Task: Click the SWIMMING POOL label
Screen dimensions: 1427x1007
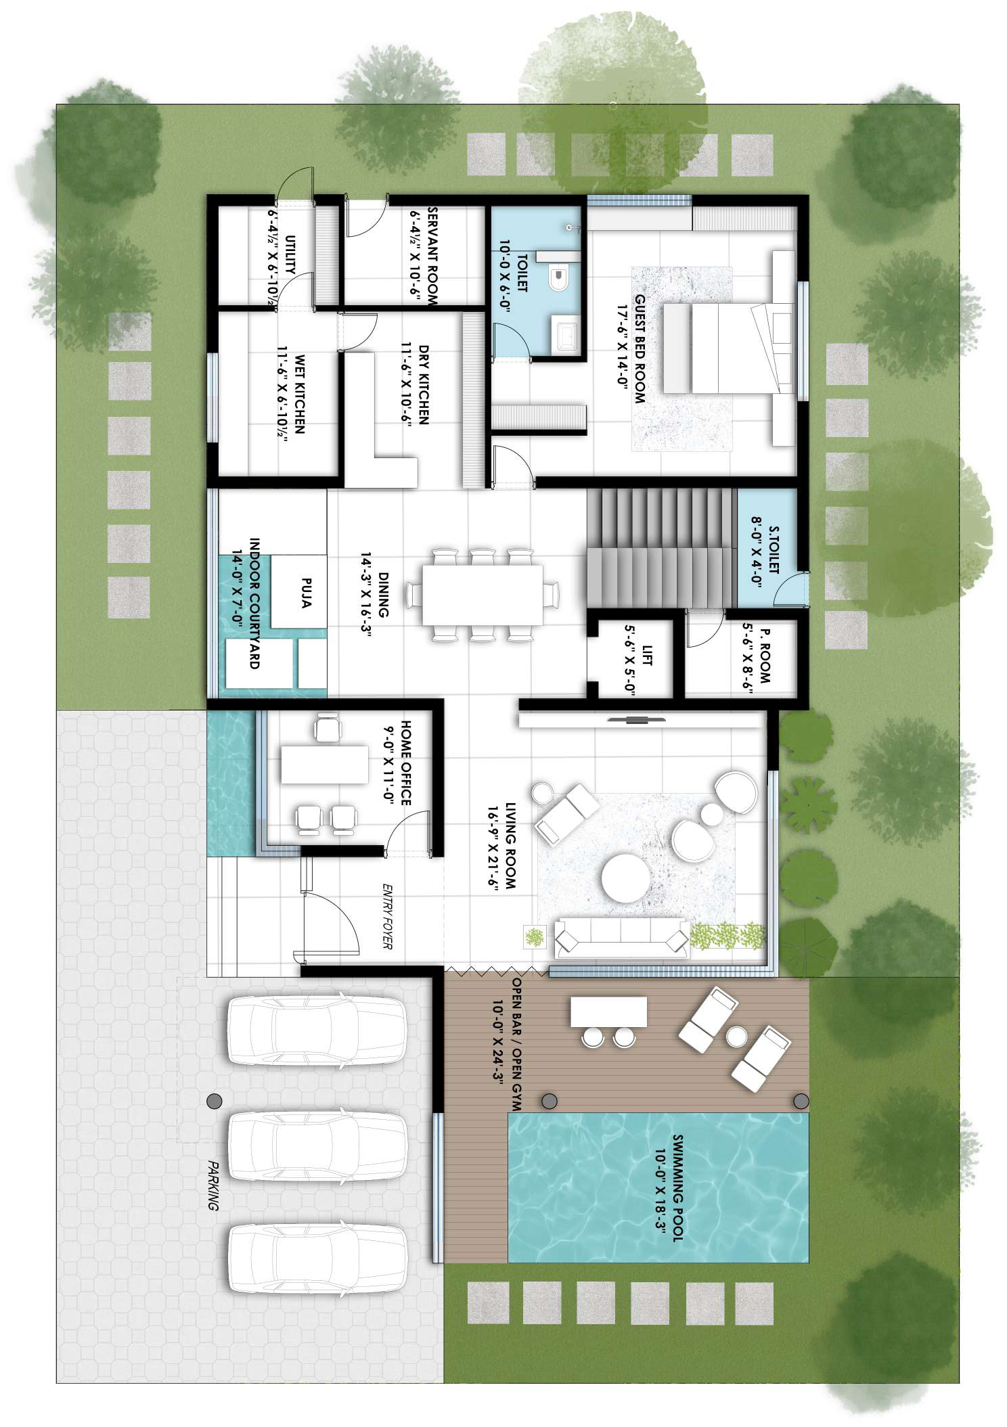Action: click(x=677, y=1187)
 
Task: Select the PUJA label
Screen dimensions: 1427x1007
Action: click(x=305, y=592)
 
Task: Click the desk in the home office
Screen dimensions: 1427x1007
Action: click(x=324, y=764)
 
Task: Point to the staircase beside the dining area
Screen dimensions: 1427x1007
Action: click(x=660, y=548)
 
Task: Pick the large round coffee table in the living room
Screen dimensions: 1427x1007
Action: click(x=626, y=877)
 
